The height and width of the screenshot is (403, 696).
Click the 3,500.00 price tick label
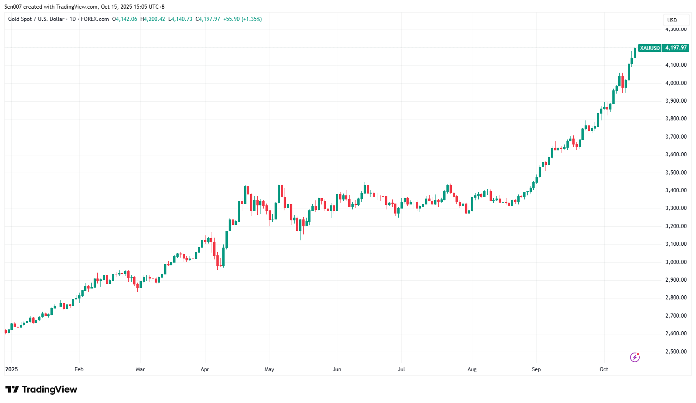click(676, 173)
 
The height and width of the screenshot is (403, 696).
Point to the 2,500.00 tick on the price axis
click(676, 352)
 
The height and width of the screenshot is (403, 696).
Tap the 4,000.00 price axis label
click(676, 83)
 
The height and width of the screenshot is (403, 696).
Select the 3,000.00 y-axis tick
click(676, 262)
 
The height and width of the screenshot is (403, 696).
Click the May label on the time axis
click(269, 369)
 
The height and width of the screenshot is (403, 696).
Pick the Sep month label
click(536, 369)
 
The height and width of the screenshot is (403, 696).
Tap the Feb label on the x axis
click(79, 369)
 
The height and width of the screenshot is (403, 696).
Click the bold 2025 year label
click(11, 369)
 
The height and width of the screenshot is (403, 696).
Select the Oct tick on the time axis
click(604, 369)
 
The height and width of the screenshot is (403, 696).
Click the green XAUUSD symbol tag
click(650, 48)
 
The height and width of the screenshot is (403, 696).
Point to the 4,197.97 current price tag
click(676, 48)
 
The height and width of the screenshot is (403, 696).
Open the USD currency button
click(672, 20)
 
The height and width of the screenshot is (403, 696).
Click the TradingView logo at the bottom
click(41, 389)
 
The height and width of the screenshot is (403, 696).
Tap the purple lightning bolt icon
click(635, 358)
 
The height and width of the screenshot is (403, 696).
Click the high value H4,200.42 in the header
click(153, 19)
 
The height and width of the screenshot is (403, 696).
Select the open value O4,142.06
click(125, 19)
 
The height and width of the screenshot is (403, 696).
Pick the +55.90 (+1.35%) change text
click(242, 19)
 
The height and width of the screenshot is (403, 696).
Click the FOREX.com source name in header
click(95, 19)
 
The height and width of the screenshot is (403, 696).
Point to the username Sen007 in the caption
click(13, 7)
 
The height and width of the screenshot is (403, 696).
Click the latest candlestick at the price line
click(635, 52)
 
